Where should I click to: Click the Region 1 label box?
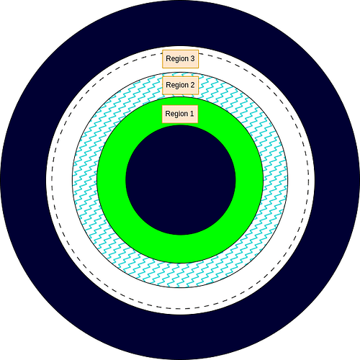click(180, 114)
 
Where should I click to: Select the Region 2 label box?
click(181, 86)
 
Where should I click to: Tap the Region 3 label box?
click(181, 59)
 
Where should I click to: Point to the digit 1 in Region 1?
click(192, 113)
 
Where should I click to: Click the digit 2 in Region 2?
click(192, 85)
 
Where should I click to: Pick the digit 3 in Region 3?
click(192, 58)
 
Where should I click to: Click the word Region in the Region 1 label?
click(176, 114)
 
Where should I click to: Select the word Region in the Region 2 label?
click(177, 86)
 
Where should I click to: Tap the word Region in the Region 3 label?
click(177, 59)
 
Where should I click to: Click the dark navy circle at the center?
click(181, 180)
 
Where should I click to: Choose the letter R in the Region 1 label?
click(168, 113)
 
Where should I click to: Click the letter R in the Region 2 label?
click(168, 85)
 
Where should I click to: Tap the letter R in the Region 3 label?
click(168, 58)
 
